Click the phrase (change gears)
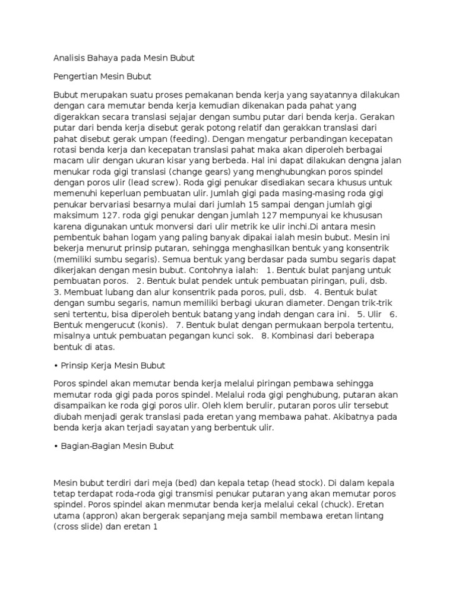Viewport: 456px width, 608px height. (188, 171)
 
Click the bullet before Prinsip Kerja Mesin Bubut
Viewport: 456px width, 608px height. (56, 365)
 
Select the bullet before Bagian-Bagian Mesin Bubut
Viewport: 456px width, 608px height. (56, 445)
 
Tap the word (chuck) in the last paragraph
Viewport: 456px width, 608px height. (309, 505)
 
